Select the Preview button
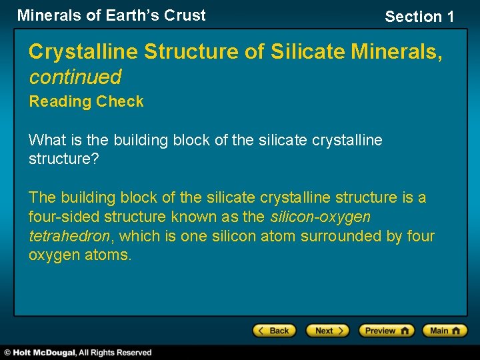[386, 331]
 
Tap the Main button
[445, 331]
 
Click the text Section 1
[419, 17]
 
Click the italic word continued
[75, 77]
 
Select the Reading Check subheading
[86, 102]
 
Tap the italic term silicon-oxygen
[320, 217]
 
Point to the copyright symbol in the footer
[7, 353]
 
